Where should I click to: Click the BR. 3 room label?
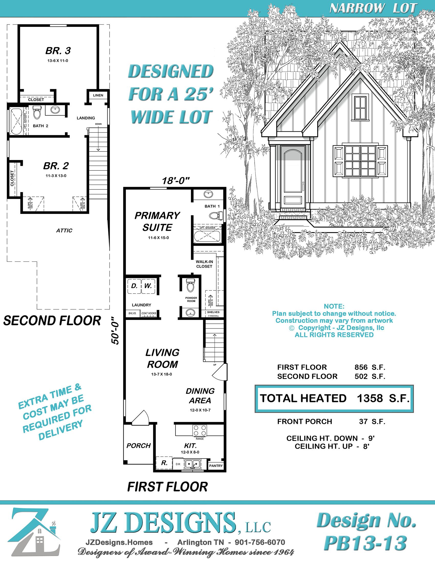point(58,51)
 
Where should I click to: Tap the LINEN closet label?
point(98,95)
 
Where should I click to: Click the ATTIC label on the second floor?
point(64,231)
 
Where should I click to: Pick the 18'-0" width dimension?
point(176,181)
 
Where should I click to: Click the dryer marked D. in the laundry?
point(134,286)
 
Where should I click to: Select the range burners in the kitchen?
point(200,430)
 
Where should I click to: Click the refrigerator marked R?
point(164,463)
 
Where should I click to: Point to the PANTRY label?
point(216,465)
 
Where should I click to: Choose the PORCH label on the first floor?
point(138,446)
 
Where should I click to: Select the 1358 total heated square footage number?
point(370,398)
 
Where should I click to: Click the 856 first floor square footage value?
point(361,367)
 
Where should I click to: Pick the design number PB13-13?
point(365,543)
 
